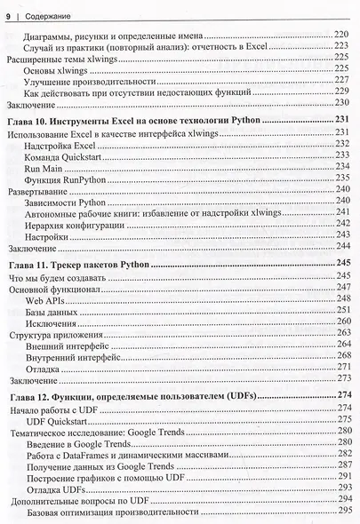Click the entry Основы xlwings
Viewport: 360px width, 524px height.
coord(58,68)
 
